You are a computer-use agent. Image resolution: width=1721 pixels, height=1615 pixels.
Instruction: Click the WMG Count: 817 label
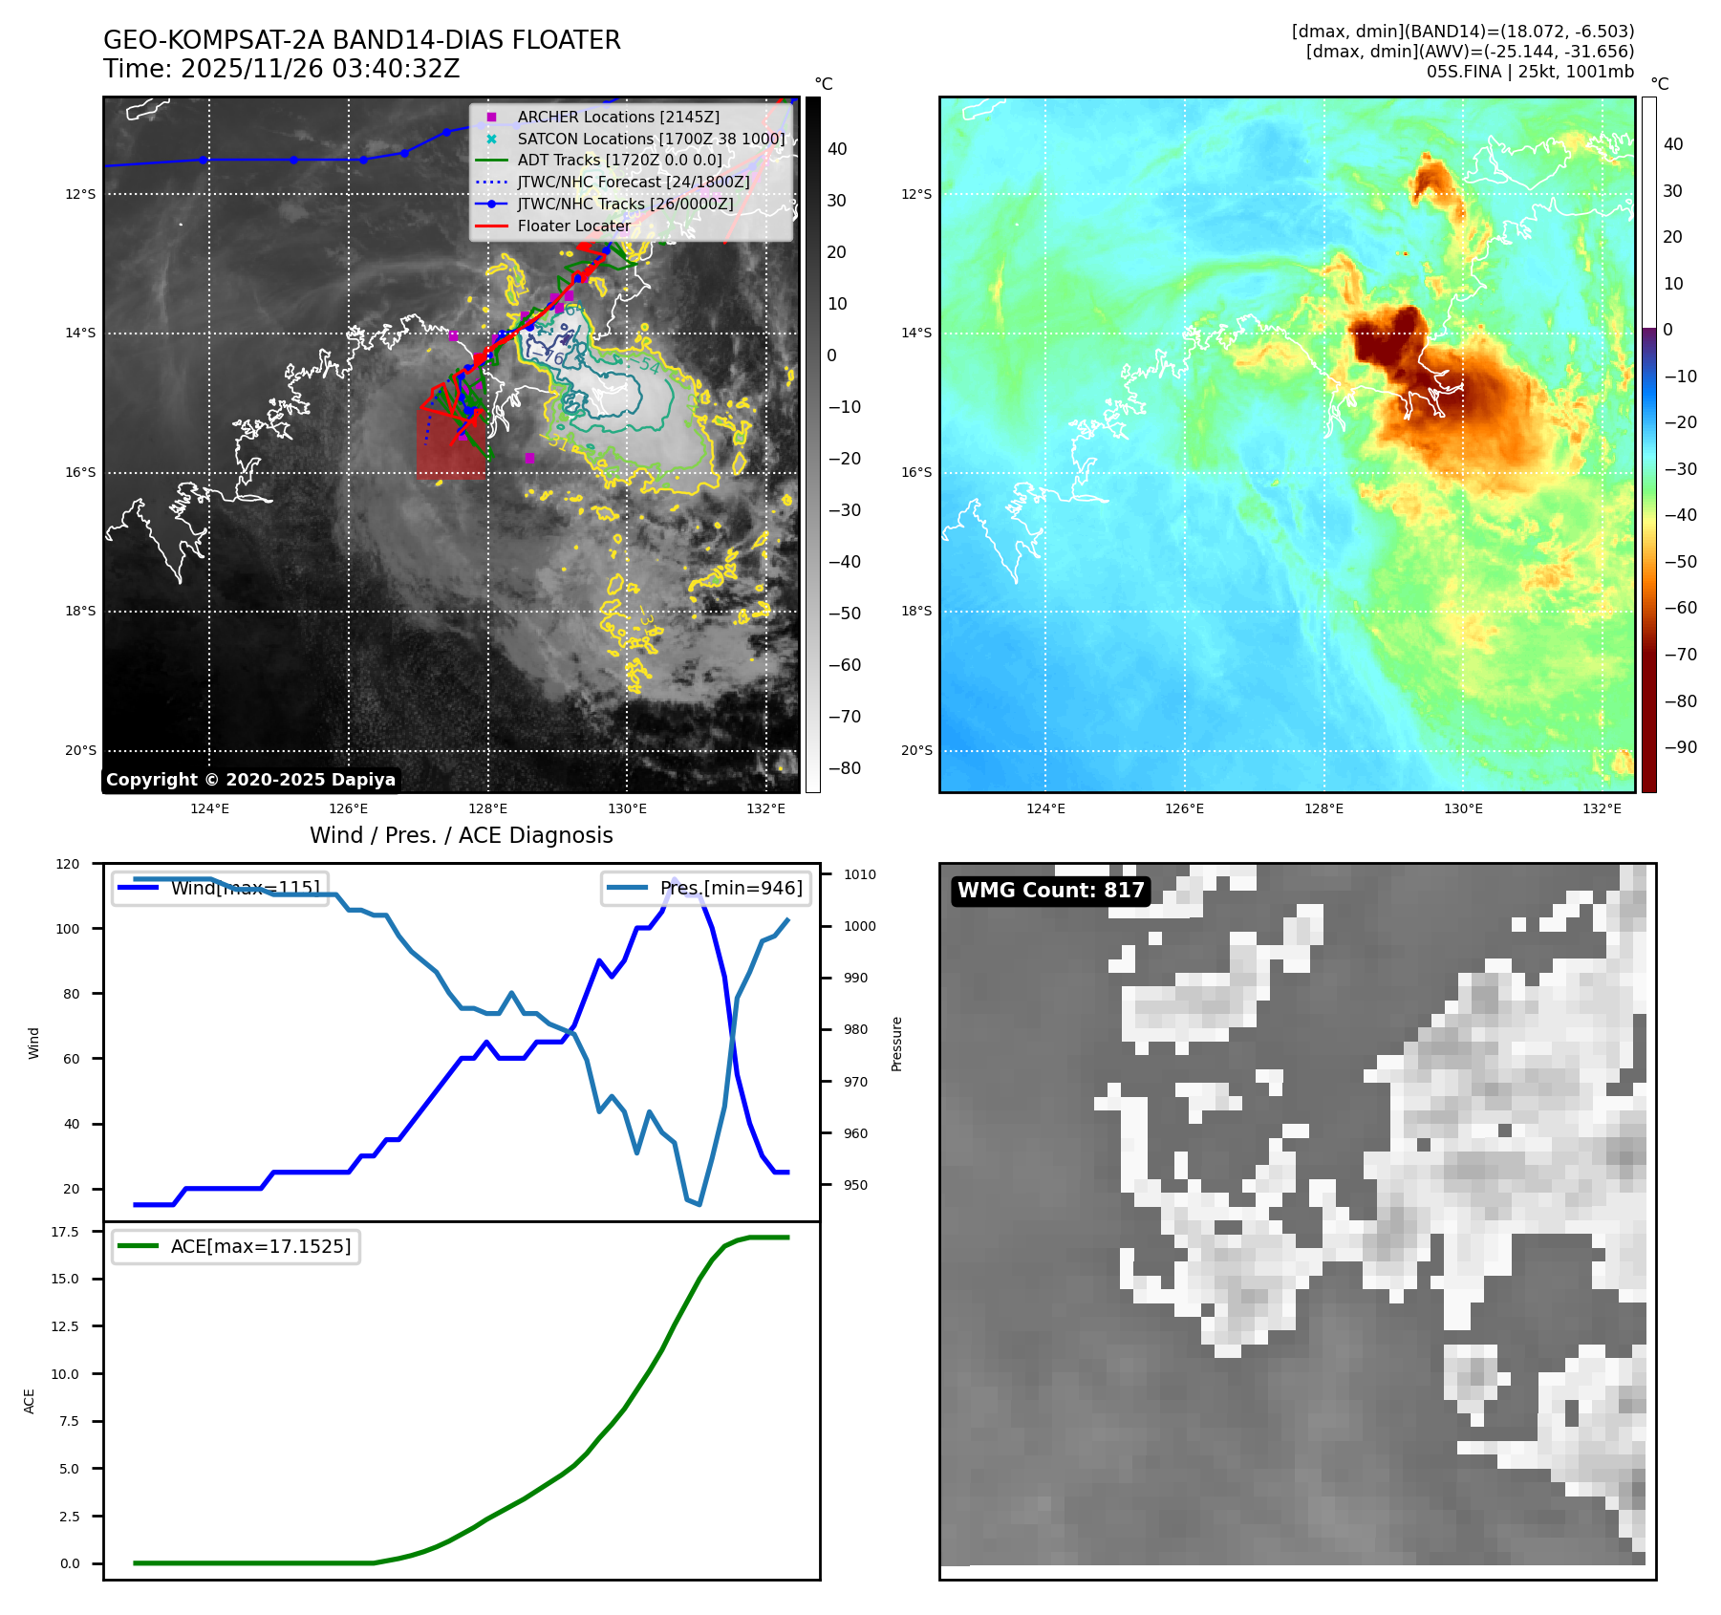click(1050, 891)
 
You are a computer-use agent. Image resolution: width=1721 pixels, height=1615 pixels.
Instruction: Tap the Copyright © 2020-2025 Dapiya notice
click(250, 780)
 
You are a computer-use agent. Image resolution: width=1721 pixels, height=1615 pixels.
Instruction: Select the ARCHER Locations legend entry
click(617, 117)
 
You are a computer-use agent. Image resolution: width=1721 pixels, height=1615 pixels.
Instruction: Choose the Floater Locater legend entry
click(573, 226)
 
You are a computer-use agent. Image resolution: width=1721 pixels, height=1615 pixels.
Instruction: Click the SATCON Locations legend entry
click(650, 139)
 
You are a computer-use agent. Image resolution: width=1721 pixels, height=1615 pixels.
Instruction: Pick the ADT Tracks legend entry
click(619, 161)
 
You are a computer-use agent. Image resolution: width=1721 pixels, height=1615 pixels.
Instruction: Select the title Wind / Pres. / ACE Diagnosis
click(461, 835)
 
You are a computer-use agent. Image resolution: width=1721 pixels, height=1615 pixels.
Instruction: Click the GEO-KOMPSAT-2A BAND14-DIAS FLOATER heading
click(361, 40)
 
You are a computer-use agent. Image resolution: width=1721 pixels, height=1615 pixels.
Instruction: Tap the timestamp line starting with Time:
click(281, 69)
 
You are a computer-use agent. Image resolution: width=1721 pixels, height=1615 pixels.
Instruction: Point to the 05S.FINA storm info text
click(1530, 72)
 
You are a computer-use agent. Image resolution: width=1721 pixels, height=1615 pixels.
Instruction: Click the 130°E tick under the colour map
click(1462, 808)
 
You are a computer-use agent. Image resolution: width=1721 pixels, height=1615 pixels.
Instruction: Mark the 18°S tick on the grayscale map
click(80, 612)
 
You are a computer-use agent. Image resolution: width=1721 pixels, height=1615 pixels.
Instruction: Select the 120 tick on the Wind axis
click(68, 864)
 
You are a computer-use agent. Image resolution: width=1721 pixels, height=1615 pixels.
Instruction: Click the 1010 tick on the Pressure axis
click(859, 874)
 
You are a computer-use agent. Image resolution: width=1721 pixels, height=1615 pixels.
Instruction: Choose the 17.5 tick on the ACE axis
click(65, 1232)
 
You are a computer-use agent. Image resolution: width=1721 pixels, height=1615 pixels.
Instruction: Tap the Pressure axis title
click(896, 1044)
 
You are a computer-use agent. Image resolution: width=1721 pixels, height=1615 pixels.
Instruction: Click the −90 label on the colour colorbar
click(1680, 747)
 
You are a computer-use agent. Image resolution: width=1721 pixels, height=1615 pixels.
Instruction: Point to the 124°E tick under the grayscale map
click(209, 808)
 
